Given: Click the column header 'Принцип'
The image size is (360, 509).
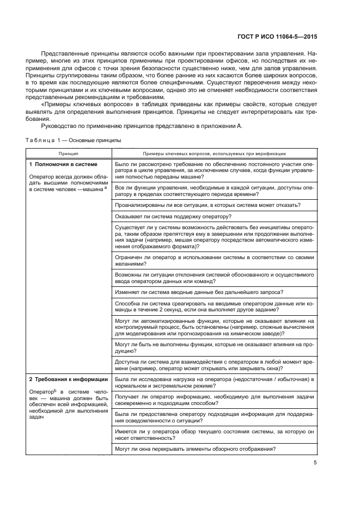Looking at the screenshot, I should [69, 154].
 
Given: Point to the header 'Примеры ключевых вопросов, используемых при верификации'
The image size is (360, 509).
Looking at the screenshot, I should [214, 154].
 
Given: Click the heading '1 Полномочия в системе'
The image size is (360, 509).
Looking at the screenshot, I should [63, 164].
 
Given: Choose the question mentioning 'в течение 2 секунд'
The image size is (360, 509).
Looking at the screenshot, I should [214, 306].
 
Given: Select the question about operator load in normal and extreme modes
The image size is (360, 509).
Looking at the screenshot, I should [214, 382].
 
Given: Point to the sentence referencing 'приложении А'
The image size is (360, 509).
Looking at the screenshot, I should [142, 126].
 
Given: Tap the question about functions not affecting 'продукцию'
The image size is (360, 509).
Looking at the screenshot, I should [214, 348].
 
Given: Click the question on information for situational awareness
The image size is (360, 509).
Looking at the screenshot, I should [214, 417].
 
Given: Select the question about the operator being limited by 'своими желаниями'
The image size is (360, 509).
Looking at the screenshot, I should [214, 261].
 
